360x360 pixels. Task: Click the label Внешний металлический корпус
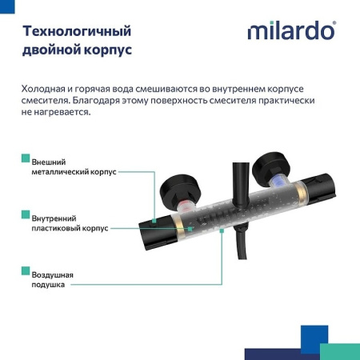point(74,166)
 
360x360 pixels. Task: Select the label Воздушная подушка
point(53,279)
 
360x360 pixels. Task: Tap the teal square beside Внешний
point(26,160)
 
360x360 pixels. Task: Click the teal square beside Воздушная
point(26,274)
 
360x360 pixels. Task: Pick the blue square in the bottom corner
point(314,335)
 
